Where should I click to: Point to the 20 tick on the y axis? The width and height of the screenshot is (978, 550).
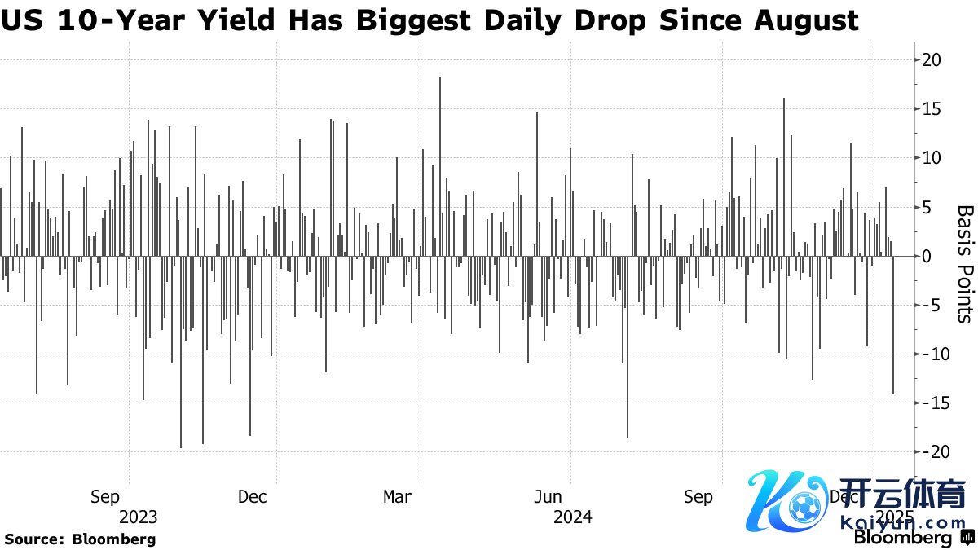pos(932,60)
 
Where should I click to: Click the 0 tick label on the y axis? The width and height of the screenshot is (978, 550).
pos(927,256)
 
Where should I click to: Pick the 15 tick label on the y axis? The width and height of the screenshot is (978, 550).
pos(932,109)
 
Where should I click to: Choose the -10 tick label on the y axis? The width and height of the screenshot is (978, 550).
pos(928,354)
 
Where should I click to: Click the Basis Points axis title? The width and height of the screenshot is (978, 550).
pos(965,263)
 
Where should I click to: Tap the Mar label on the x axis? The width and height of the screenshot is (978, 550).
pos(397,496)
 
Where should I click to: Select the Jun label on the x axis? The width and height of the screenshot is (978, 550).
pos(548,496)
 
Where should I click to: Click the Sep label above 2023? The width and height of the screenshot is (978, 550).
pos(105,496)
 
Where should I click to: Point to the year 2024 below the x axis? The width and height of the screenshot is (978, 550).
pos(572,517)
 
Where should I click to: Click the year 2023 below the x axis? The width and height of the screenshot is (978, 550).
pos(139,517)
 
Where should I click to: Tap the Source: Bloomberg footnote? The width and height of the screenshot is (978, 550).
pos(80,539)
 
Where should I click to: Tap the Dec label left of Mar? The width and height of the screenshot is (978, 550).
pos(252,496)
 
